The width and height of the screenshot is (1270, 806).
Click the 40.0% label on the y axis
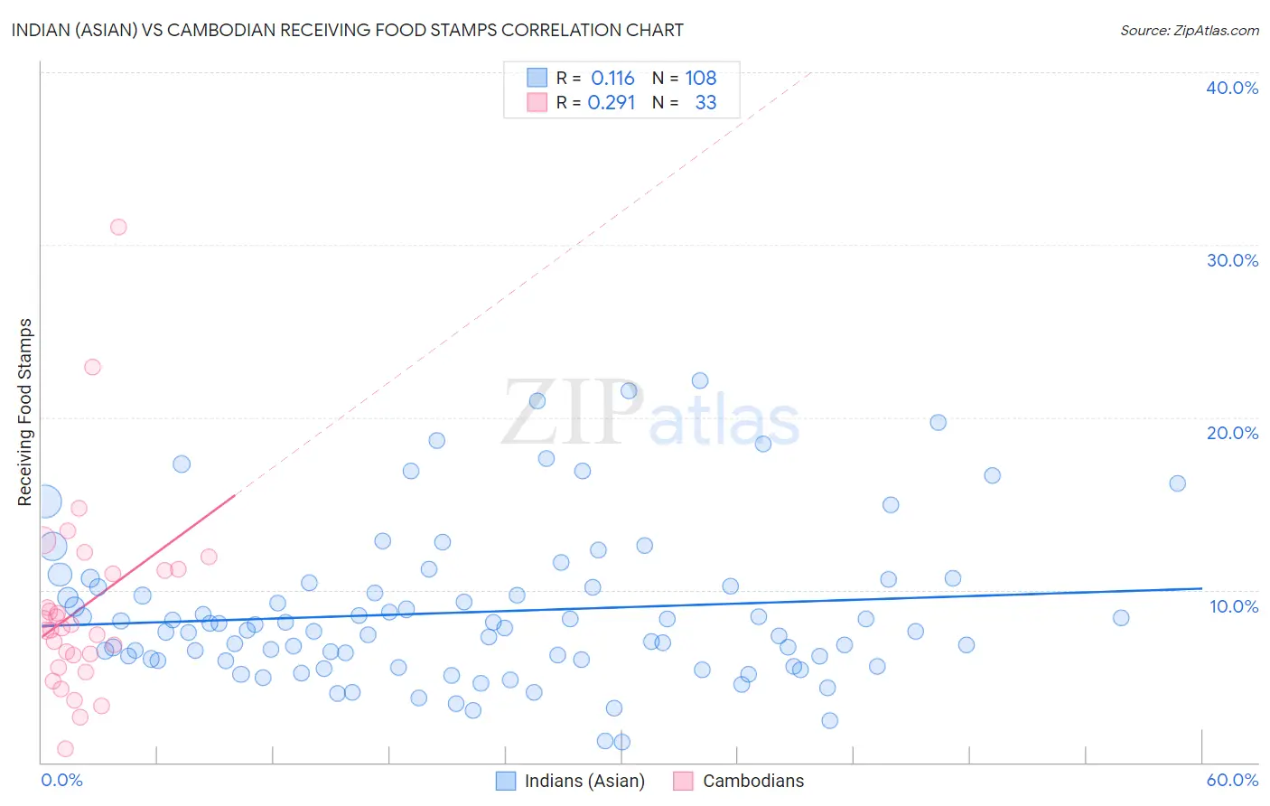click(x=1232, y=88)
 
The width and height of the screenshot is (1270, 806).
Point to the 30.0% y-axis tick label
click(x=1232, y=260)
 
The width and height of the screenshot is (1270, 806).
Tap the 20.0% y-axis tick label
click(x=1232, y=433)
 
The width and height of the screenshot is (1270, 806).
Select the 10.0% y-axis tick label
click(x=1234, y=606)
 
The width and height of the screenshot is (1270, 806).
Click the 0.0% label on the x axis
click(x=61, y=780)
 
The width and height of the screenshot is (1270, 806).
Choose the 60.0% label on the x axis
click(x=1232, y=780)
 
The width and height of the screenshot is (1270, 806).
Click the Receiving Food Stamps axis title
click(x=25, y=412)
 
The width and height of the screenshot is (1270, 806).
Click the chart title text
click(x=348, y=30)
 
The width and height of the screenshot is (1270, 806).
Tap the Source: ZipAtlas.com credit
click(x=1189, y=30)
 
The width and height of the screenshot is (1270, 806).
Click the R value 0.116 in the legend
click(x=612, y=79)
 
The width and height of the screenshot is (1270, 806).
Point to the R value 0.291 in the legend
click(x=612, y=103)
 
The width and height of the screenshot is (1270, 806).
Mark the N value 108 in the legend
click(x=700, y=79)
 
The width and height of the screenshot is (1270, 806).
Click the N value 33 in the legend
click(x=705, y=103)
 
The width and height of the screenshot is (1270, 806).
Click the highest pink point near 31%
click(x=118, y=227)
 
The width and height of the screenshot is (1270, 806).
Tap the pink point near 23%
click(x=92, y=367)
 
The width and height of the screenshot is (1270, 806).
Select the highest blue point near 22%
click(x=700, y=380)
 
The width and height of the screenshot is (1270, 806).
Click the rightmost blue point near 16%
click(x=1177, y=483)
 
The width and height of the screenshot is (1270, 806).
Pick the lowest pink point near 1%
click(x=65, y=749)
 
